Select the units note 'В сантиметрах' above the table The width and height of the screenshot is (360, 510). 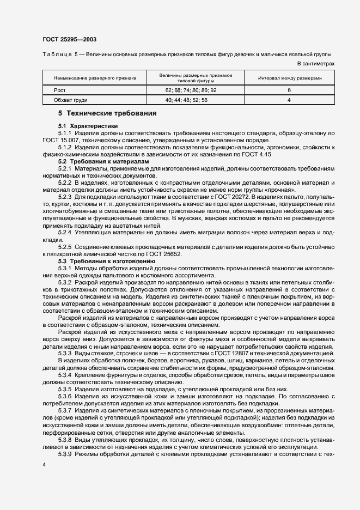316,64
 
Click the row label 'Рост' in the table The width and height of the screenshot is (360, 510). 59,90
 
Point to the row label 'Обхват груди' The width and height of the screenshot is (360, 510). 70,100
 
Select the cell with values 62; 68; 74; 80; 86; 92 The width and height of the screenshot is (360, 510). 194,90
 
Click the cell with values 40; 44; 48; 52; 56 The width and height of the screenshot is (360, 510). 194,100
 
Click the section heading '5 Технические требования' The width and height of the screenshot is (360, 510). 107,113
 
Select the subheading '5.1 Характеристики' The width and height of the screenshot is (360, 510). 84,126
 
